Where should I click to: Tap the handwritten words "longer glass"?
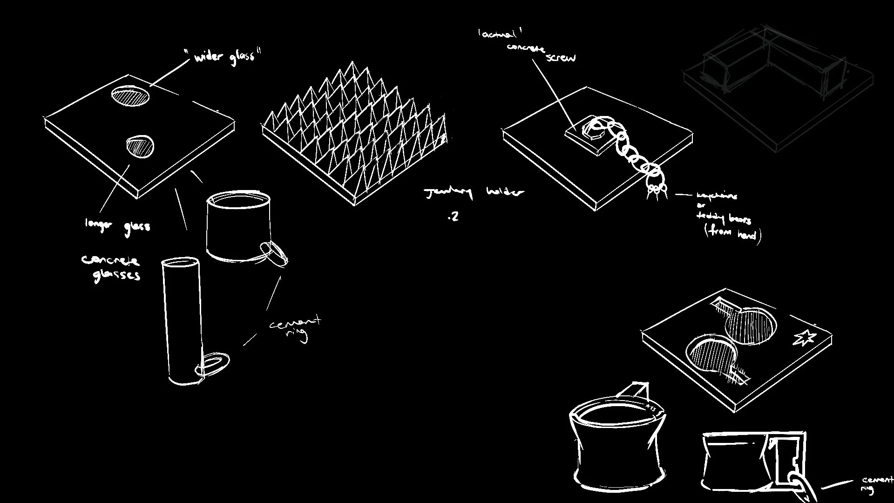[117, 225]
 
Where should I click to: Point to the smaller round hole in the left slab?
[140, 146]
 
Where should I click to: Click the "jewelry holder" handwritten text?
[474, 192]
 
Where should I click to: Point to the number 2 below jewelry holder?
[454, 217]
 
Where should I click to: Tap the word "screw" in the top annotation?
[561, 58]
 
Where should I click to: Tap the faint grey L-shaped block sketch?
[773, 70]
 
